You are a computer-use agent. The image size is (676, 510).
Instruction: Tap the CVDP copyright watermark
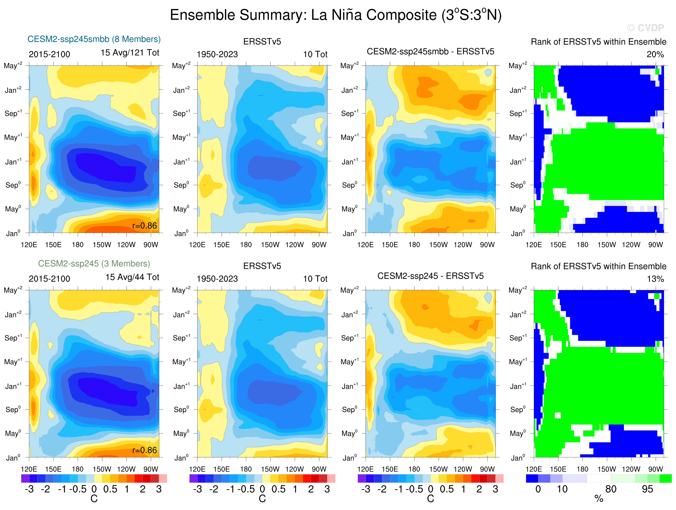pos(645,28)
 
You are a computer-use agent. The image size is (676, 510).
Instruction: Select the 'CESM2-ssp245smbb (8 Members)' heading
pos(94,39)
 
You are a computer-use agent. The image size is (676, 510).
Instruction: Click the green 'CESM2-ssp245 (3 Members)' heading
pos(94,263)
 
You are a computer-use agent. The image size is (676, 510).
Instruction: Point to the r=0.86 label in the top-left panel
pos(144,226)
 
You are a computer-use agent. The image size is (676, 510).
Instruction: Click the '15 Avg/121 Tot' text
pos(130,53)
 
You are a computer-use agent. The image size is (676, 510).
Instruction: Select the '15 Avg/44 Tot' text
pos(132,277)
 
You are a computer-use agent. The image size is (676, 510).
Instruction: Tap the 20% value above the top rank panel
pos(655,54)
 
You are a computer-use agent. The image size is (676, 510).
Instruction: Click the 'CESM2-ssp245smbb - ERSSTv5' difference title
pos(430,51)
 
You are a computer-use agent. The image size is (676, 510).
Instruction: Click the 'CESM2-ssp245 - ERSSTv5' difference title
pos(430,276)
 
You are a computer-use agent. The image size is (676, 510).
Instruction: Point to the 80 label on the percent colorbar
pos(611,489)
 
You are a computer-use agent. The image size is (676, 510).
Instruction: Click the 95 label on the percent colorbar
pos(647,489)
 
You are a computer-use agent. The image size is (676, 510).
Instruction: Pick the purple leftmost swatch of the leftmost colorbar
pos(25,478)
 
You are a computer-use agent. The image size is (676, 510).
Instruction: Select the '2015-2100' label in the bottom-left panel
pos(49,279)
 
